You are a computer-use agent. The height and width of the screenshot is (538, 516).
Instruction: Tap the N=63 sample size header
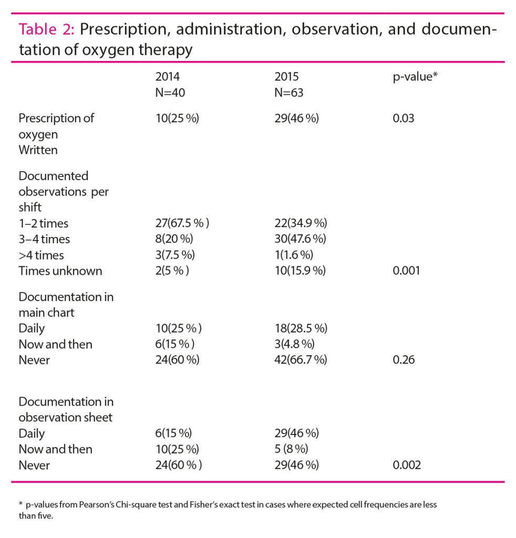click(x=289, y=92)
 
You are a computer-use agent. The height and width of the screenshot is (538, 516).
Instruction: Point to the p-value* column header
click(x=412, y=77)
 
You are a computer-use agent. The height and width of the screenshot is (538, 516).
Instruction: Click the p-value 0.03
click(x=403, y=118)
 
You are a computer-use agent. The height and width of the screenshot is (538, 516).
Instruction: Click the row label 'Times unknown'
click(x=60, y=271)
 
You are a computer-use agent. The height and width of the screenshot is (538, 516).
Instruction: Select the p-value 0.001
click(x=406, y=271)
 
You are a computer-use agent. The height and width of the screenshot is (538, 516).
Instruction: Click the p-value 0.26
click(x=403, y=360)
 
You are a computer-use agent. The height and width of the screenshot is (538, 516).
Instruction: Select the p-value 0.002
click(x=407, y=465)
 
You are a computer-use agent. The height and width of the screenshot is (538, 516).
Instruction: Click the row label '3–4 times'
click(x=44, y=239)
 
